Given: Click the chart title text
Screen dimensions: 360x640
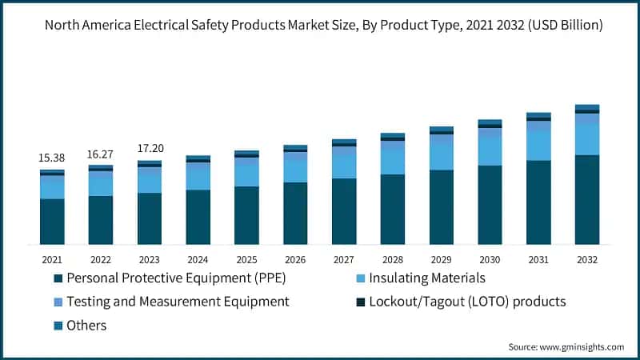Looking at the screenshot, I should pyautogui.click(x=323, y=25).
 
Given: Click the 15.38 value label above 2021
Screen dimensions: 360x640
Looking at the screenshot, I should pyautogui.click(x=52, y=158).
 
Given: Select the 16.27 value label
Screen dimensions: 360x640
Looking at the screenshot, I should pyautogui.click(x=101, y=154).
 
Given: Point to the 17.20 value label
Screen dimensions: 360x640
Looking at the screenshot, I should pyautogui.click(x=150, y=149).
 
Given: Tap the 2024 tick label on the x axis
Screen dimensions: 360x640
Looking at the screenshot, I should pyautogui.click(x=198, y=259).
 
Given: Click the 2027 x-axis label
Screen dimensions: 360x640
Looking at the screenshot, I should pyautogui.click(x=344, y=259).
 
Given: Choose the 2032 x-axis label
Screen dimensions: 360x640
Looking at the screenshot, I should pyautogui.click(x=587, y=259).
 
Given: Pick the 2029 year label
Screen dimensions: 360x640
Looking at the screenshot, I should pyautogui.click(x=442, y=259).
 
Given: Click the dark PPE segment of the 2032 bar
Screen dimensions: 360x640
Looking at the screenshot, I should pyautogui.click(x=587, y=199).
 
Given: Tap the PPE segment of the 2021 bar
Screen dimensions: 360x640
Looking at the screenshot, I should pyautogui.click(x=52, y=221).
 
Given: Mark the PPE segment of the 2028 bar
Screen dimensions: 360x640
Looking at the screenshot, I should pyautogui.click(x=393, y=209).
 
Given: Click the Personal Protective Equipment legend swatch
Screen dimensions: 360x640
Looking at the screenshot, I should pyautogui.click(x=58, y=278).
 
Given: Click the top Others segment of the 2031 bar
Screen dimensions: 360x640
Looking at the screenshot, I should pyautogui.click(x=538, y=115).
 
